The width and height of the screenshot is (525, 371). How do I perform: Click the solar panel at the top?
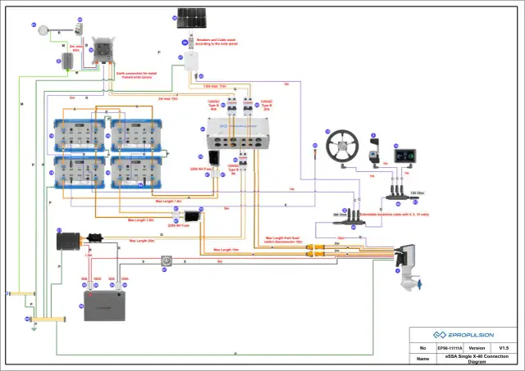tap(190, 18)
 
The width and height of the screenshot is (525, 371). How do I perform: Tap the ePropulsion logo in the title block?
tap(463, 335)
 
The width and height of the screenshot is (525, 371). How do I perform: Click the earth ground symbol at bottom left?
tap(30, 328)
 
